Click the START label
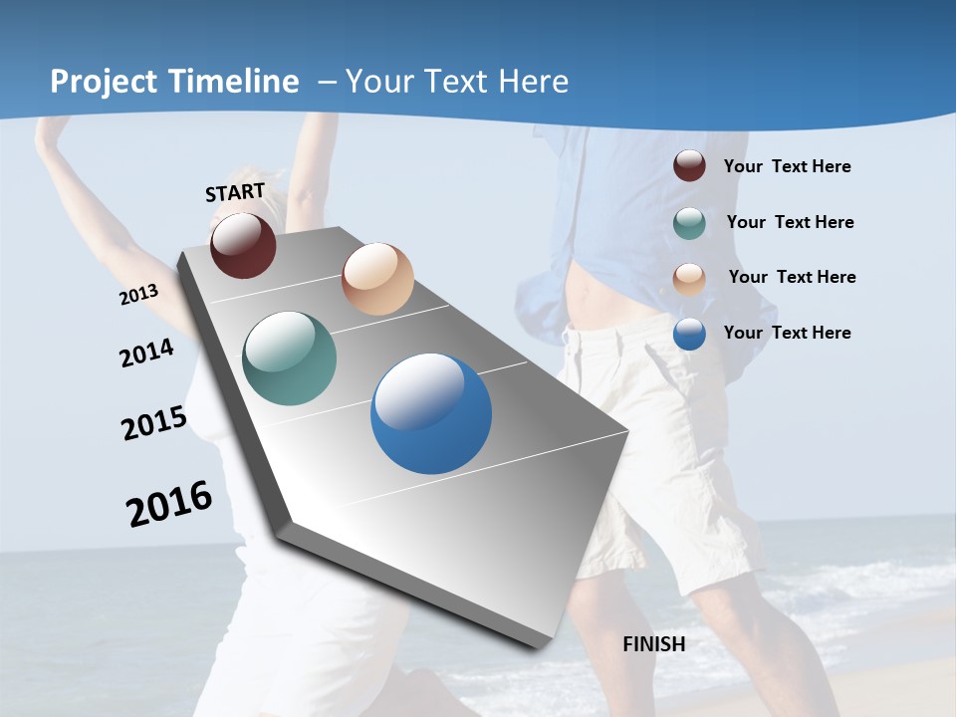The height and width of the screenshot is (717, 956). (x=235, y=192)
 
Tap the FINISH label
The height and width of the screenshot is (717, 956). (x=654, y=644)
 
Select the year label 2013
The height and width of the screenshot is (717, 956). (x=139, y=294)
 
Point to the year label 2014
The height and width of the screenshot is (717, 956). (x=147, y=353)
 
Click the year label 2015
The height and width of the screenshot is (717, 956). (x=154, y=423)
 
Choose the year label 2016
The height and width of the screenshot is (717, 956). (x=169, y=503)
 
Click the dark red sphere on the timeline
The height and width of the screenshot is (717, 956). (x=243, y=245)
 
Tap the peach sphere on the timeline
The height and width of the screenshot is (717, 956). (x=377, y=279)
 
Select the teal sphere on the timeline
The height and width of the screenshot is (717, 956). (x=290, y=358)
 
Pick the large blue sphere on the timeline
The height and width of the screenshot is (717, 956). (x=431, y=413)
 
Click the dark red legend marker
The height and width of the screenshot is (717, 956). (x=689, y=166)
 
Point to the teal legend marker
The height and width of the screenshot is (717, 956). (x=689, y=223)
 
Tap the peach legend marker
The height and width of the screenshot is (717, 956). (x=689, y=278)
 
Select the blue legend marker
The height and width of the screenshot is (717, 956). (x=689, y=334)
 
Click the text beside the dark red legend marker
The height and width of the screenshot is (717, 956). (x=787, y=166)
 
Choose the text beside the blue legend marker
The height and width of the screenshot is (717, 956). (x=787, y=333)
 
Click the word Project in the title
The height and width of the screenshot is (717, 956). (x=104, y=82)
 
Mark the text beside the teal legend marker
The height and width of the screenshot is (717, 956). (x=790, y=222)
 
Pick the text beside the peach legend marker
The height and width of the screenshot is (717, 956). (x=792, y=277)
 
